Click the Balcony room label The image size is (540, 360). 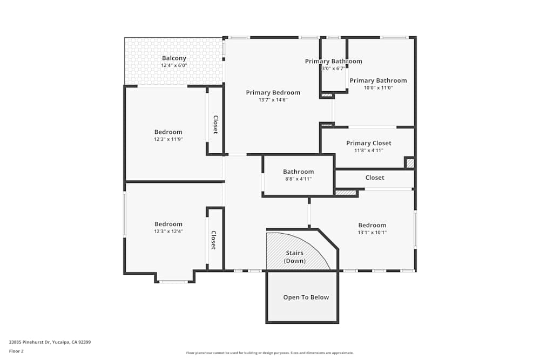pyautogui.click(x=174, y=58)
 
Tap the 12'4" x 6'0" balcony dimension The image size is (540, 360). pyautogui.click(x=174, y=65)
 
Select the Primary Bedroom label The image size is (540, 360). pyautogui.click(x=273, y=93)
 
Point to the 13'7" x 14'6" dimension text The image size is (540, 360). pyautogui.click(x=273, y=100)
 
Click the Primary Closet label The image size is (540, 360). pyautogui.click(x=368, y=143)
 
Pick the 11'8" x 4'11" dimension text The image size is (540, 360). pyautogui.click(x=368, y=151)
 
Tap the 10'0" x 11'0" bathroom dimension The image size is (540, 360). pyautogui.click(x=378, y=88)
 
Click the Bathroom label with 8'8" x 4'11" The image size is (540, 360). pyautogui.click(x=298, y=172)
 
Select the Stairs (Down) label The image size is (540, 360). pyautogui.click(x=294, y=257)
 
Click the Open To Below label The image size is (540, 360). pyautogui.click(x=306, y=297)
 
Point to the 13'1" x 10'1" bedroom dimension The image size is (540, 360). pyautogui.click(x=372, y=233)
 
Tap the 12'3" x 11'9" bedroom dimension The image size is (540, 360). pyautogui.click(x=168, y=139)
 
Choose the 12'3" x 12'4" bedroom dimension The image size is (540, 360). pyautogui.click(x=168, y=232)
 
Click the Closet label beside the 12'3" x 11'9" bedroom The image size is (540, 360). pyautogui.click(x=215, y=125)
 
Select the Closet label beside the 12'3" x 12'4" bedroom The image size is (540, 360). pyautogui.click(x=213, y=240)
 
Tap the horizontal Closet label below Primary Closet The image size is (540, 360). pyautogui.click(x=375, y=178)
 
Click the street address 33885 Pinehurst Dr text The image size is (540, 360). pyautogui.click(x=50, y=342)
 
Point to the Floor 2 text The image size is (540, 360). pyautogui.click(x=16, y=351)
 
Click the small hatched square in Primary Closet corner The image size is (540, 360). pyautogui.click(x=410, y=162)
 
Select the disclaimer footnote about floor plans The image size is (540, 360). pyautogui.click(x=269, y=353)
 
